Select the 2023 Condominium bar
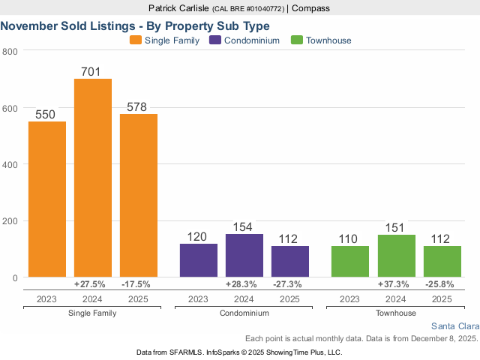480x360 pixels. tap(198, 260)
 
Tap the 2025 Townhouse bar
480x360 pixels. tap(442, 262)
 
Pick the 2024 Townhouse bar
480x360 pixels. tap(397, 256)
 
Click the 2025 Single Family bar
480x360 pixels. tap(139, 196)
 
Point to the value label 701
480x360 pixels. tap(93, 71)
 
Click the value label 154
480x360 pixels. tap(244, 227)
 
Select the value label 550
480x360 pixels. tap(47, 115)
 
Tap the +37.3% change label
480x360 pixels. tap(397, 284)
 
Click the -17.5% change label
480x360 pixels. tap(139, 284)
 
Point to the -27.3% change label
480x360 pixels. tap(290, 284)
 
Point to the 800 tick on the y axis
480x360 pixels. tap(10, 51)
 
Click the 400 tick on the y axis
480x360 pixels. tap(10, 164)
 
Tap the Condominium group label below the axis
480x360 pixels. tap(244, 312)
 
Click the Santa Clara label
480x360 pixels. tap(455, 326)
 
